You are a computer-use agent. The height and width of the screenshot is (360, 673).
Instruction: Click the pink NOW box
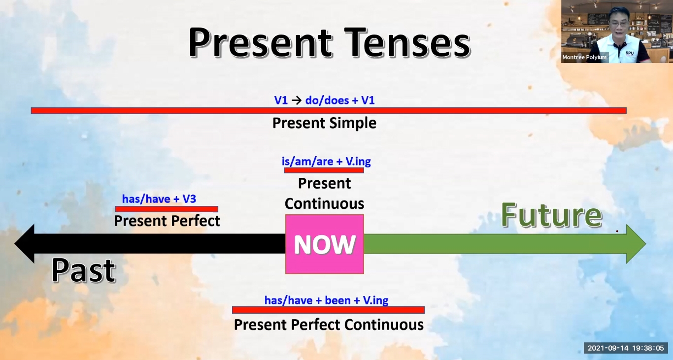pos(325,244)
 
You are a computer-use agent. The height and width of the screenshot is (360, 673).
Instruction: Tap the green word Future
pos(552,215)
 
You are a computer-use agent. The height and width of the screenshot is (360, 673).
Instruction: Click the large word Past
pos(84,270)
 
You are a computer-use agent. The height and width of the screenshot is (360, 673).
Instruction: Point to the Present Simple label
pos(324,123)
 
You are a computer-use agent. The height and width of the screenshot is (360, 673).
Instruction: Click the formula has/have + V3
pos(159,199)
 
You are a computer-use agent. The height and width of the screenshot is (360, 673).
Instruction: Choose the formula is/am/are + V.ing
pos(326,162)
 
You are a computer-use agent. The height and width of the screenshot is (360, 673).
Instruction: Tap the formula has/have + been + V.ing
pos(326,300)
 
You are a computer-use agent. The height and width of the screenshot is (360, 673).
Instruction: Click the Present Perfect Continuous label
pos(329,325)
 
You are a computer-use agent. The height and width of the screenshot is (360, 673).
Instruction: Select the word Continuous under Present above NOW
pos(325,204)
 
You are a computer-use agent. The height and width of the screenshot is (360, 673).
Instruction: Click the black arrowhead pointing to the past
pos(25,243)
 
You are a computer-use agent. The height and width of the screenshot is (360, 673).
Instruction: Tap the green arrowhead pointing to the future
pos(636,244)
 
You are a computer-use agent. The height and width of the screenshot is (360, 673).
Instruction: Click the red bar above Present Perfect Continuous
pos(329,310)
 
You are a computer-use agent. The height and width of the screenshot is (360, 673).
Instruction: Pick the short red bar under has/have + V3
pos(167,209)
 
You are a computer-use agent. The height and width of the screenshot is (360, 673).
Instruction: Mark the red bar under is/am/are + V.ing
pos(324,170)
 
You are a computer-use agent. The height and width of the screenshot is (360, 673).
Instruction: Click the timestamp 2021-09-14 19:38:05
pos(626,348)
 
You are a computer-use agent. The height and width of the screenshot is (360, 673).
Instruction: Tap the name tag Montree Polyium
pos(584,57)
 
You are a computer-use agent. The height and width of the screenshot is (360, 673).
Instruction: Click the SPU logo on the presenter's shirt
pos(630,53)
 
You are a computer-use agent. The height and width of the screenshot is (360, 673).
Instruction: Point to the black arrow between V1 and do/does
pos(297,100)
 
